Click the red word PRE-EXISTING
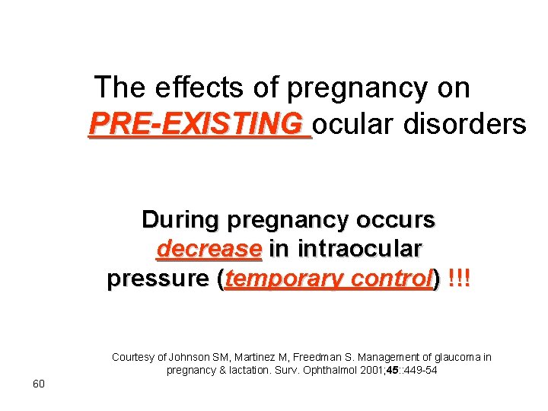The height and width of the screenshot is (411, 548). click(x=199, y=123)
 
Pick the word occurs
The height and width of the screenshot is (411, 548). click(x=396, y=220)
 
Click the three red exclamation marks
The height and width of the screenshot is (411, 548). click(x=460, y=279)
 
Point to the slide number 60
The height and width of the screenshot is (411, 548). click(x=40, y=383)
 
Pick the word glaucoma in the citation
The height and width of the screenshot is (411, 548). click(x=447, y=356)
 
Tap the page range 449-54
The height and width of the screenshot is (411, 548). click(x=421, y=371)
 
